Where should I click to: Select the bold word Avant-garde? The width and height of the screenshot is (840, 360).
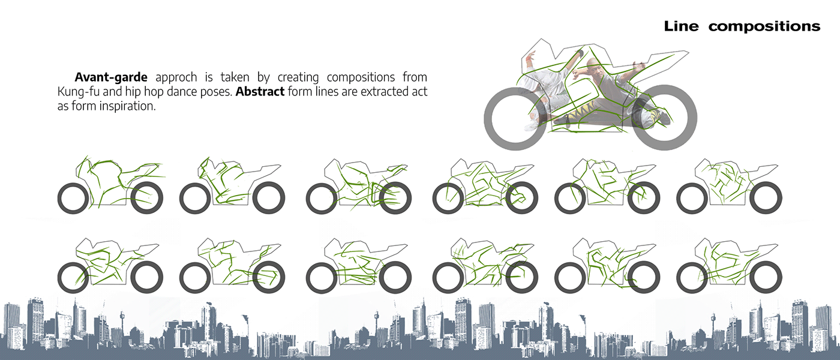tap(110, 77)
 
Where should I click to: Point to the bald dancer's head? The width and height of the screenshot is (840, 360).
tap(593, 65)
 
